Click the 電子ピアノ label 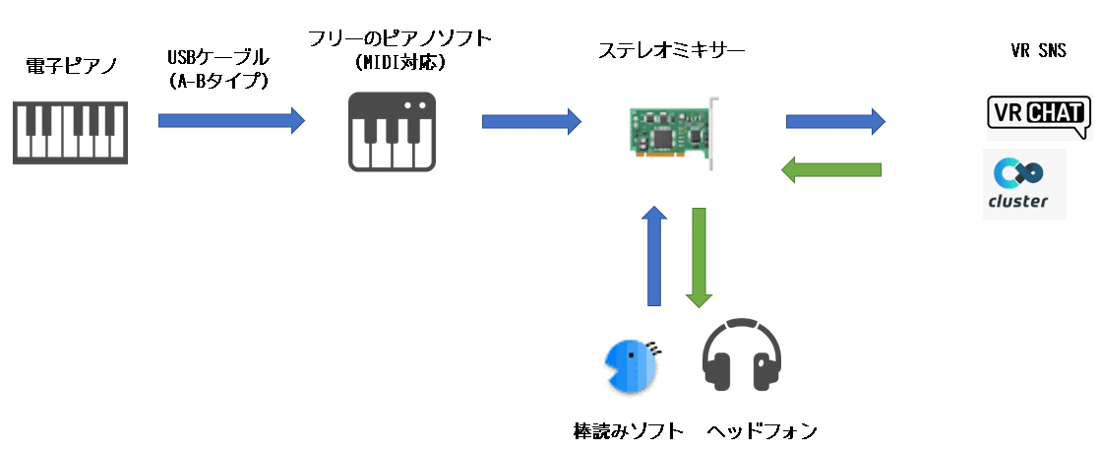(71, 67)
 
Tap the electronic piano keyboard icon (70, 130)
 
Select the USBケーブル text (217, 59)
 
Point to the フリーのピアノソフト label (399, 39)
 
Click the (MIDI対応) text (399, 63)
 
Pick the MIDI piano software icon (393, 131)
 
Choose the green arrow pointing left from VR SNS (830, 169)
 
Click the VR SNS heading (1039, 51)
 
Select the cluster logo (1024, 185)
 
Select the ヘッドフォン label (762, 431)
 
